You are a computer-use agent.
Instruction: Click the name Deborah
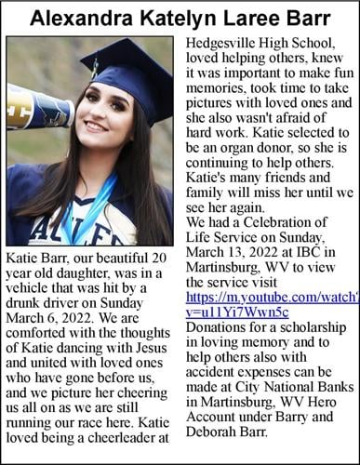[214, 432]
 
